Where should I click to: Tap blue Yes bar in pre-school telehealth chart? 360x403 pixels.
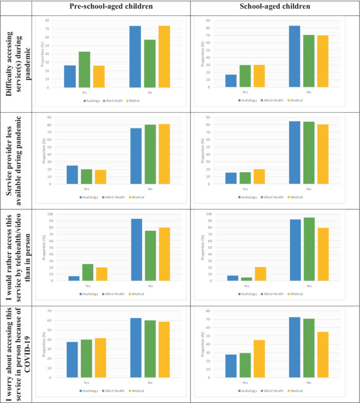74,278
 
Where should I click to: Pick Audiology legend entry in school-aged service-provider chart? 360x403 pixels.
248,196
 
